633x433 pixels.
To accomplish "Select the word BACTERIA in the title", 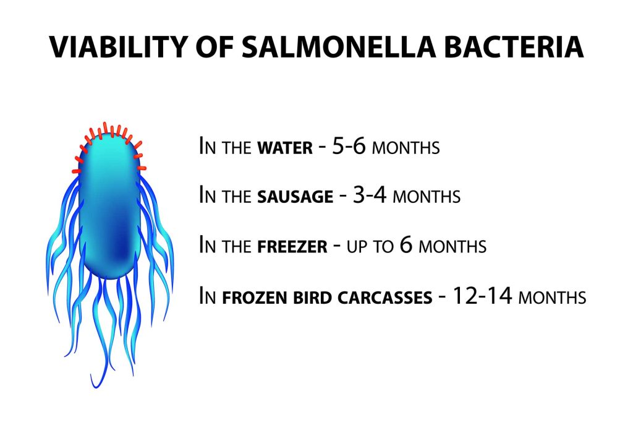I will coord(516,48).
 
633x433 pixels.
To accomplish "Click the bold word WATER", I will coord(285,149).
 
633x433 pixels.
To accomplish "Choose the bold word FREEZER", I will coord(292,247).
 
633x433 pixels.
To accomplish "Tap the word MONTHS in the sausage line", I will coord(427,197).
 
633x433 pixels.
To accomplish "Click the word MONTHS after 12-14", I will coord(552,298).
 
